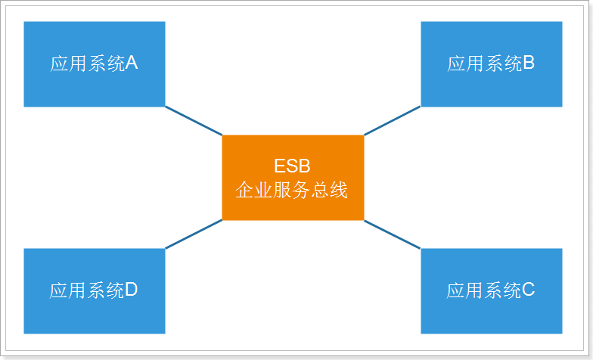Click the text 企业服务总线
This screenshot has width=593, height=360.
(x=292, y=190)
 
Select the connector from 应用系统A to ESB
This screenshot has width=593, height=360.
(x=194, y=121)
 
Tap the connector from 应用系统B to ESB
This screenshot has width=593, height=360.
(x=392, y=121)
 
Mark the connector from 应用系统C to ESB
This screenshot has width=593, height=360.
(x=392, y=234)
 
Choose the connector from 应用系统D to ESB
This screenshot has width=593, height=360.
(x=194, y=234)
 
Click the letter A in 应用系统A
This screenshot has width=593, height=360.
(x=131, y=64)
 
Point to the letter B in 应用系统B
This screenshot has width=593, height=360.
(x=529, y=64)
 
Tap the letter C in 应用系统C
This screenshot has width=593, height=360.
(x=529, y=290)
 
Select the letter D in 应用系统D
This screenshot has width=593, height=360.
(x=131, y=290)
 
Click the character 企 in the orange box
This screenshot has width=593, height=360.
(x=245, y=190)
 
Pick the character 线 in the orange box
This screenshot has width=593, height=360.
(x=338, y=190)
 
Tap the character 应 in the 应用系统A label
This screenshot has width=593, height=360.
(x=60, y=64)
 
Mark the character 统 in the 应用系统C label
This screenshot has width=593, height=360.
(x=512, y=290)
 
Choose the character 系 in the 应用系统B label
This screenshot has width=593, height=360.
(x=494, y=64)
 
